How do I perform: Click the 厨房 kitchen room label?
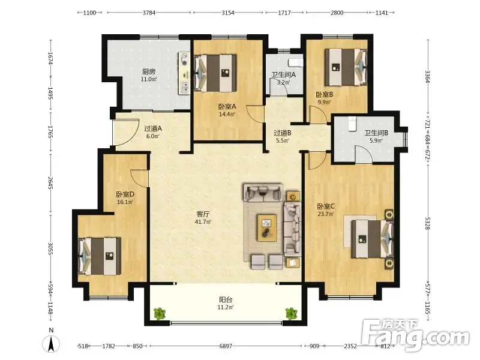pos(149,71)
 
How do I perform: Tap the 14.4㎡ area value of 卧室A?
pos(227,115)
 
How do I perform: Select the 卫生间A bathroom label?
pos(284,74)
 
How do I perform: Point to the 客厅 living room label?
pos(203,214)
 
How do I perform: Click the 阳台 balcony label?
pos(226,300)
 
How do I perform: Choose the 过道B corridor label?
pos(282,133)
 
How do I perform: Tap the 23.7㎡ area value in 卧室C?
pos(325,214)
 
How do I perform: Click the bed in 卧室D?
pos(100,256)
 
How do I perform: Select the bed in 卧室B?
pos(346,67)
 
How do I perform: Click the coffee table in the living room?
pos(267,228)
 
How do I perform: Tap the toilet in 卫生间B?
pos(352,124)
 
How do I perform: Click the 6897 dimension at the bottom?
pos(226,346)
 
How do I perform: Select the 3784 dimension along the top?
pos(149,13)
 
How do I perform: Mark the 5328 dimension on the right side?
pos(427,223)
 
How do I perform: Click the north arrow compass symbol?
pos(52,342)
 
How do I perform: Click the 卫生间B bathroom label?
pos(376,133)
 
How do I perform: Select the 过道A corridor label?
pos(153,128)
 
